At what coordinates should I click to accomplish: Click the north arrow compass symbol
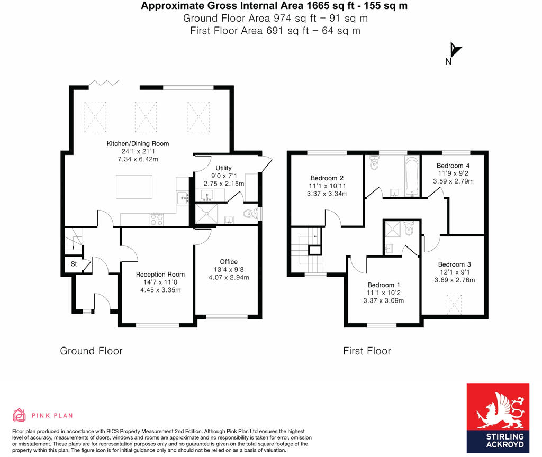454,51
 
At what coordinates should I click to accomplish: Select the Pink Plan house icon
19,415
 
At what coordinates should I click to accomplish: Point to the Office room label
229,262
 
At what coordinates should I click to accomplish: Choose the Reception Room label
160,274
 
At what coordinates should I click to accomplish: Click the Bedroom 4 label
453,166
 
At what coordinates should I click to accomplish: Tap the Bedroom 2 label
328,178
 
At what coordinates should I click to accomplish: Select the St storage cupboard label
74,263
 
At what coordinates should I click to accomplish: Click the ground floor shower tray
206,214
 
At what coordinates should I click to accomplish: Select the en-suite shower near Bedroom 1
394,230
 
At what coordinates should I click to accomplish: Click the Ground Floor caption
91,351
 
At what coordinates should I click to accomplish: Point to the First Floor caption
367,351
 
